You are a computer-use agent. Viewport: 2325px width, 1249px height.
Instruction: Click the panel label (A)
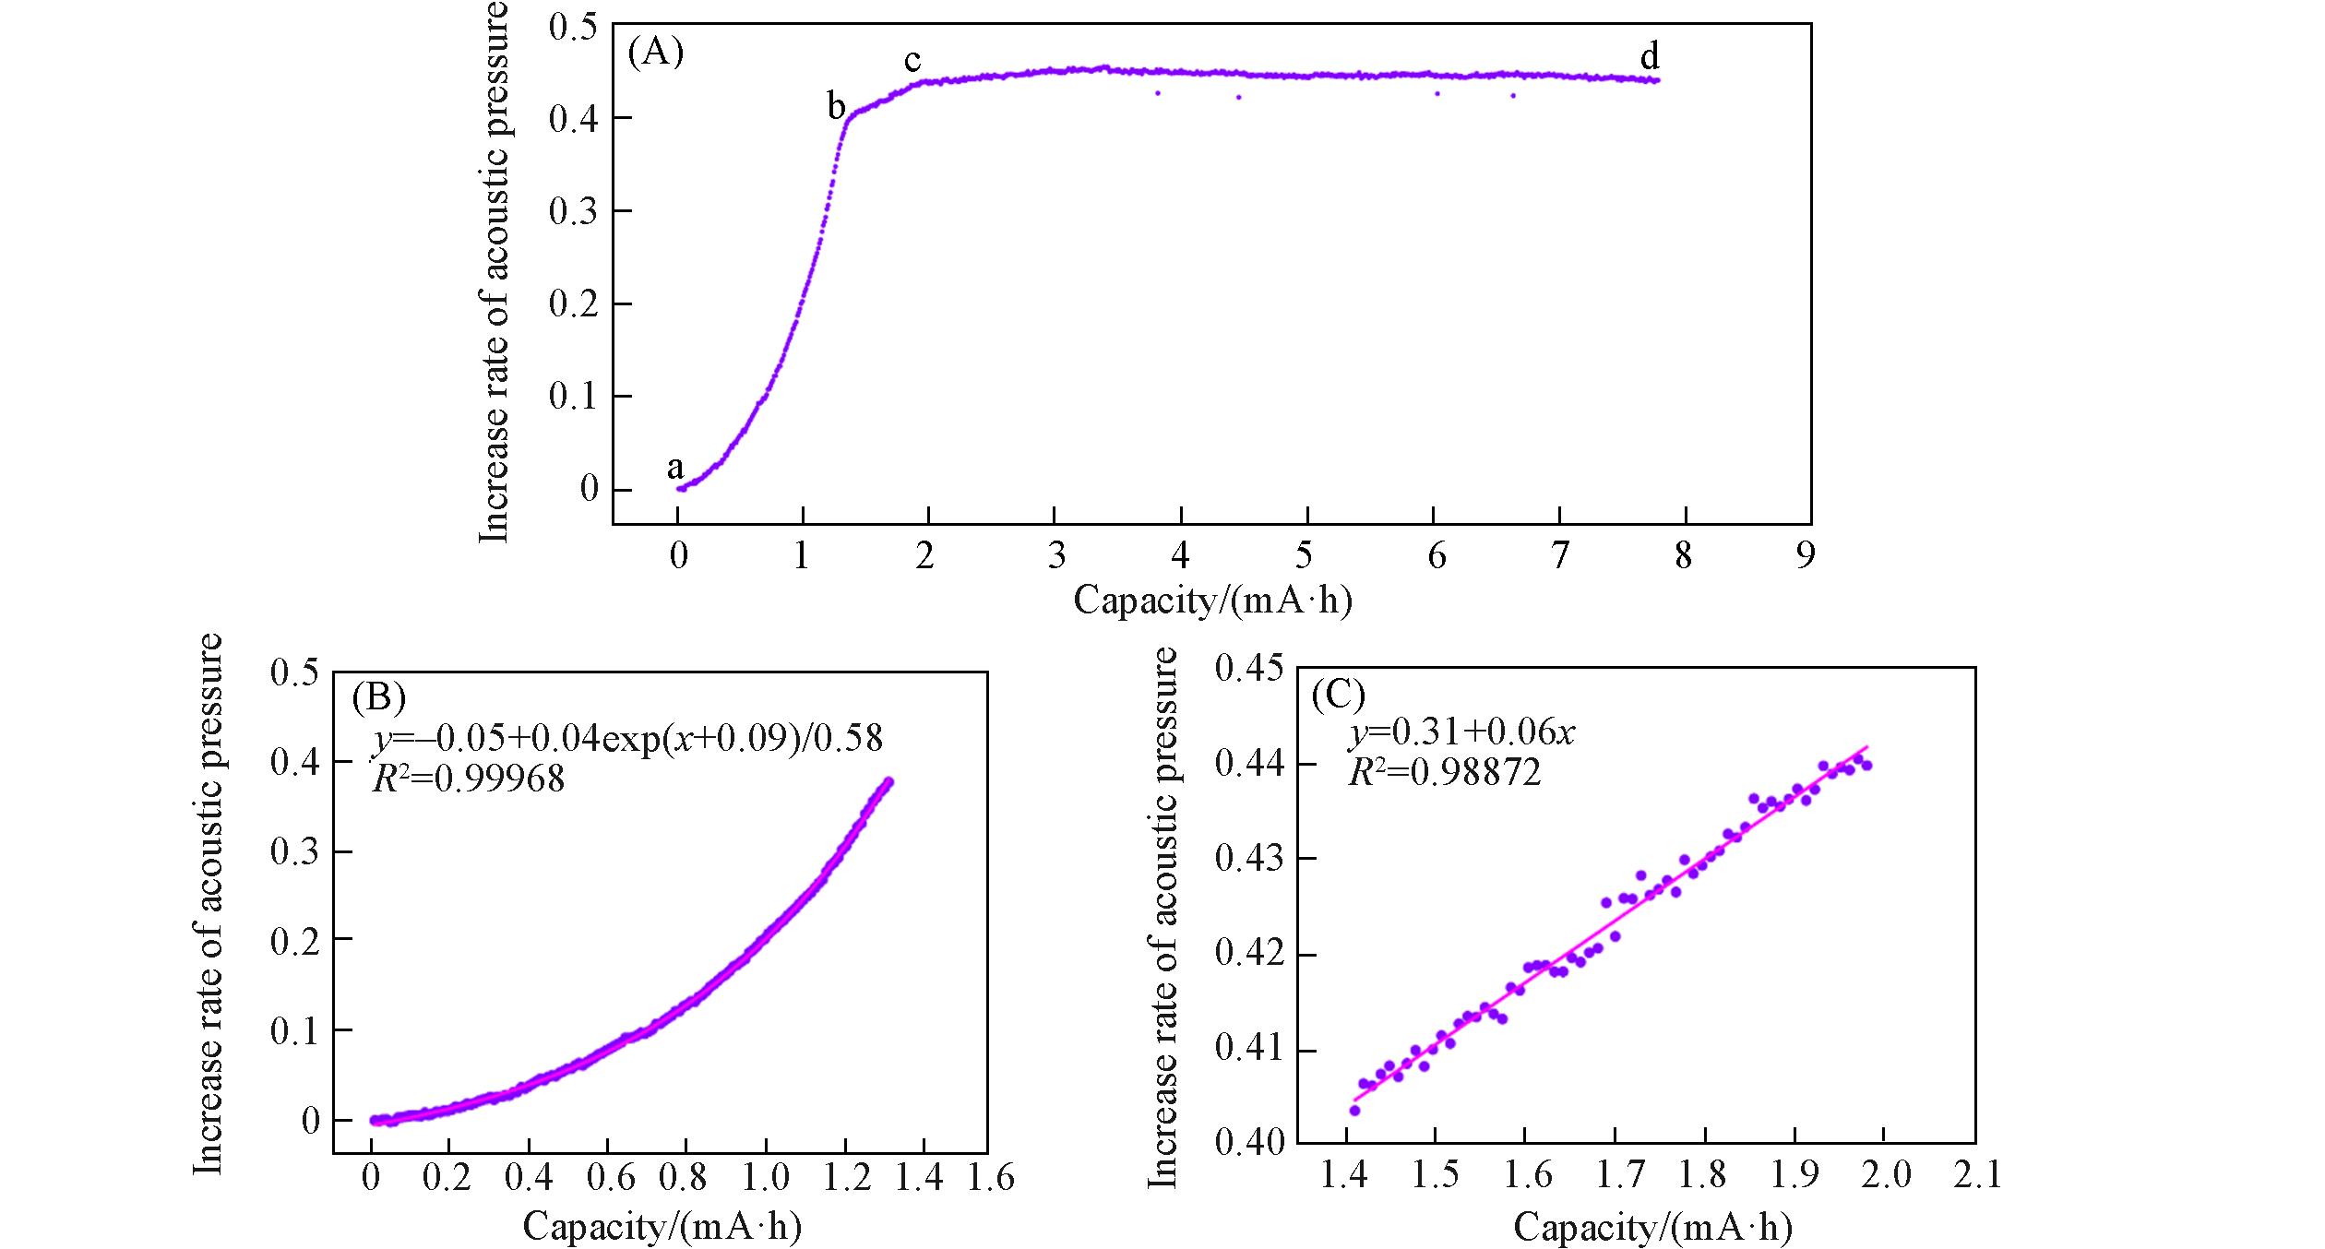(x=655, y=53)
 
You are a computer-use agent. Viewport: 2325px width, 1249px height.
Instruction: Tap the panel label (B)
(x=379, y=698)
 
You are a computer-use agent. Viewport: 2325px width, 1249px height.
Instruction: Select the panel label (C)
(x=1338, y=695)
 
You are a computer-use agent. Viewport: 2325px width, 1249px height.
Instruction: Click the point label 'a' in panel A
(x=675, y=468)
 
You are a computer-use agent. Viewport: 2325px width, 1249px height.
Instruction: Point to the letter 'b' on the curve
(x=836, y=108)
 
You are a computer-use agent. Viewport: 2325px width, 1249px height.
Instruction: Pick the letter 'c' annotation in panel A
(x=912, y=60)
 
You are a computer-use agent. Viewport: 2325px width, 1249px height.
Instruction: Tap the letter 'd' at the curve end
(x=1650, y=57)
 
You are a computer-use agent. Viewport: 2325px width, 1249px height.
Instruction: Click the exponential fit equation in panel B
(x=627, y=738)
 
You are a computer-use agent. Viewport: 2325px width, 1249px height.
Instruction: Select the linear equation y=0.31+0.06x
(x=1462, y=733)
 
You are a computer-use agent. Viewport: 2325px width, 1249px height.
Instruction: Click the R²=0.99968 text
(x=468, y=779)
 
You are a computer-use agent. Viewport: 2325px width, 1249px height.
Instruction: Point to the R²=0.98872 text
(x=1445, y=773)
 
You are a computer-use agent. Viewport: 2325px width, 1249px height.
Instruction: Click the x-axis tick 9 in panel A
(x=1805, y=556)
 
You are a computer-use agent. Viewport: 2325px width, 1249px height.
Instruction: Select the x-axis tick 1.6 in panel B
(x=991, y=1178)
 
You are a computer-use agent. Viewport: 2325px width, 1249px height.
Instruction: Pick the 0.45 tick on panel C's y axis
(x=1249, y=668)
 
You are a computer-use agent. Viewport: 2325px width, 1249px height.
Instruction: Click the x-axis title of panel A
(x=1212, y=601)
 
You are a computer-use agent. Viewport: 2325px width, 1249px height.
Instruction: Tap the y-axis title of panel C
(x=1163, y=917)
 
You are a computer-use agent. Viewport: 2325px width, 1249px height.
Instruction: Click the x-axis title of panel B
(x=662, y=1227)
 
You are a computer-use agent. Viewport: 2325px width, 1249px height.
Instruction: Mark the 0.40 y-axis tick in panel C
(x=1249, y=1143)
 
